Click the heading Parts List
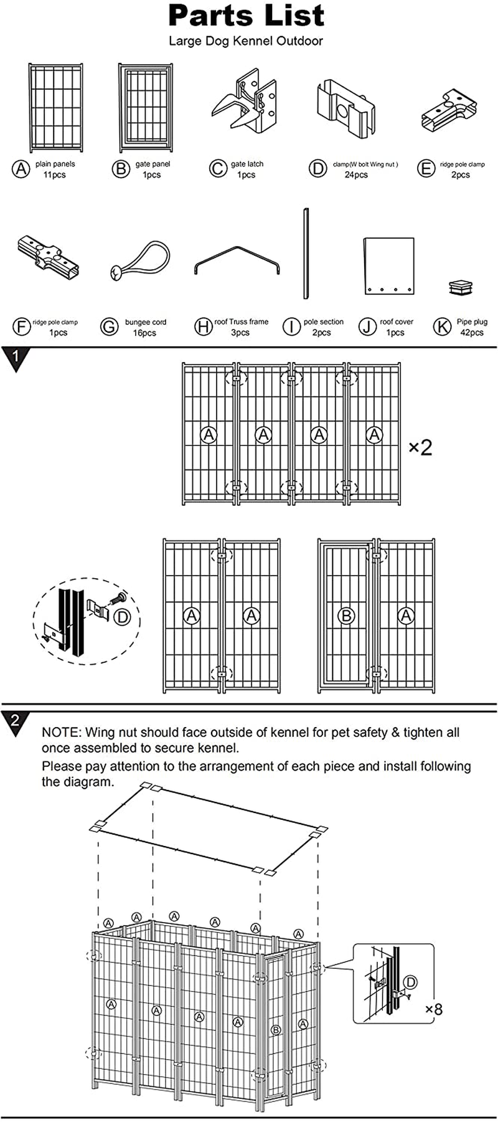tap(247, 16)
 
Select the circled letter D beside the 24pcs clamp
tap(318, 168)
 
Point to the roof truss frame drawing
tap(237, 260)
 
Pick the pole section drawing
tap(306, 254)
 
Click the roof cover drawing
tap(388, 265)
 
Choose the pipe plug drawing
tap(461, 287)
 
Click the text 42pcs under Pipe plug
tap(471, 333)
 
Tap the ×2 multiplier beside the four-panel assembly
tap(420, 447)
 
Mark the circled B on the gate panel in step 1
tap(345, 616)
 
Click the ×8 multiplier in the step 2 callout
tap(434, 1009)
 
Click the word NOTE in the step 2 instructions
tap(61, 732)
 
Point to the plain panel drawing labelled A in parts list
tap(55, 107)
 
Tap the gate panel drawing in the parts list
tap(144, 107)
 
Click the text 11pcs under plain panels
tap(55, 175)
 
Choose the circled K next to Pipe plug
tap(442, 326)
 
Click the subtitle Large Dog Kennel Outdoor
tap(246, 41)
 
